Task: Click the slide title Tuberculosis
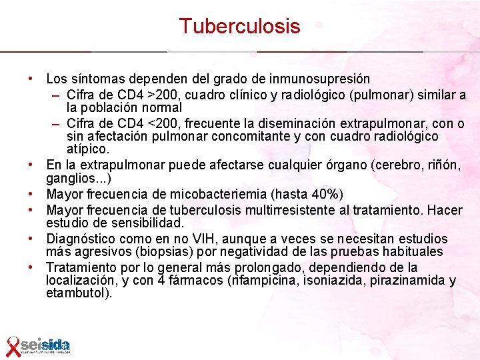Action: pos(239,26)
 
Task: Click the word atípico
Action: pos(87,149)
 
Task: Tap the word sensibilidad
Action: pos(143,222)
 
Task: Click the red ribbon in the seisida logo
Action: pos(12,345)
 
